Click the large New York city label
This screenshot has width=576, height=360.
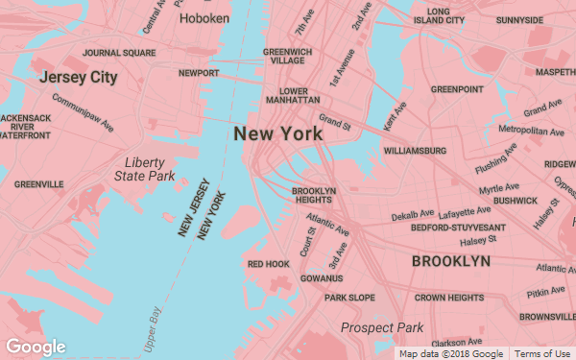pyautogui.click(x=278, y=134)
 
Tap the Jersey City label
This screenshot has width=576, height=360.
pyautogui.click(x=77, y=76)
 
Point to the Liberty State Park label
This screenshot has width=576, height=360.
pyautogui.click(x=145, y=169)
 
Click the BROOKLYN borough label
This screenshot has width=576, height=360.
pyautogui.click(x=450, y=261)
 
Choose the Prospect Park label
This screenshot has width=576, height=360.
pyautogui.click(x=382, y=327)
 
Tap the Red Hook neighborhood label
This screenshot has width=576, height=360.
pyautogui.click(x=268, y=263)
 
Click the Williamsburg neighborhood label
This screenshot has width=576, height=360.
pyautogui.click(x=415, y=151)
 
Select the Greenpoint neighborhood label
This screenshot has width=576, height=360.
pyautogui.click(x=457, y=89)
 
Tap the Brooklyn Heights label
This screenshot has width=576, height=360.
pyautogui.click(x=313, y=195)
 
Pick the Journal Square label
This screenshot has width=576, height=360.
pyautogui.click(x=119, y=53)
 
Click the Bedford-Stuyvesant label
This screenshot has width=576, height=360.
pyautogui.click(x=458, y=228)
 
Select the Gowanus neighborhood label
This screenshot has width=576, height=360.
pyautogui.click(x=322, y=278)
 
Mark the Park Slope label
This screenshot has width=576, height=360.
pyautogui.click(x=349, y=298)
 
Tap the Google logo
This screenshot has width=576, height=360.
pyautogui.click(x=36, y=347)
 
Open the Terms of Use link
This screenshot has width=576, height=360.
pyautogui.click(x=542, y=354)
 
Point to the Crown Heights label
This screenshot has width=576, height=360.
pyautogui.click(x=449, y=298)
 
